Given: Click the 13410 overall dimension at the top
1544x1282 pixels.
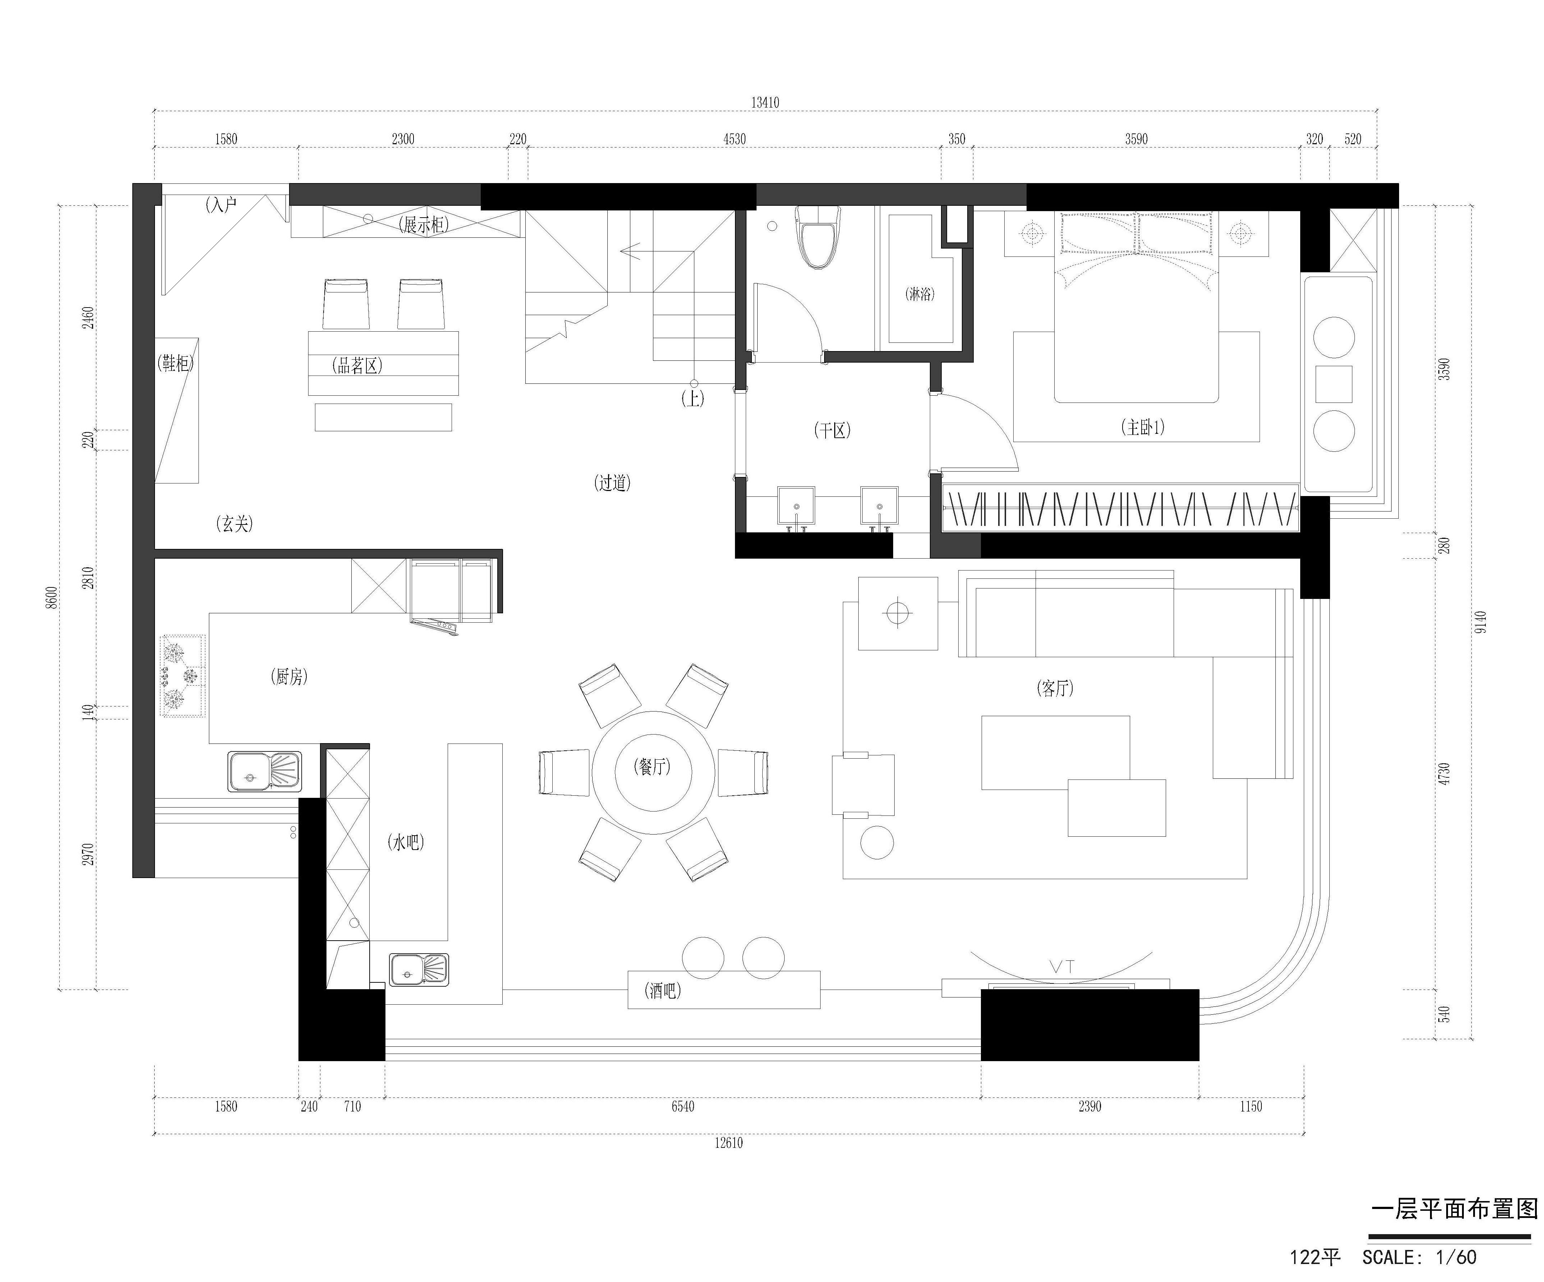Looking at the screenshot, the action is click(x=765, y=103).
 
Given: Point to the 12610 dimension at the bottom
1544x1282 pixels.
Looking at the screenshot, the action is click(x=728, y=1143).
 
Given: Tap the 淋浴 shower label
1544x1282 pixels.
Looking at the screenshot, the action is click(x=920, y=294).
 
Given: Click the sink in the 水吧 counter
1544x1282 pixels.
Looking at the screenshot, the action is click(x=418, y=969).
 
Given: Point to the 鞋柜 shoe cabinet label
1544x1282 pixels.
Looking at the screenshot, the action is click(x=175, y=363).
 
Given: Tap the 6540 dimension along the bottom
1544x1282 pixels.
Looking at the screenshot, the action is click(x=682, y=1106).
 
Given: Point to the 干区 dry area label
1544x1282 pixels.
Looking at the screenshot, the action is click(x=832, y=430).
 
